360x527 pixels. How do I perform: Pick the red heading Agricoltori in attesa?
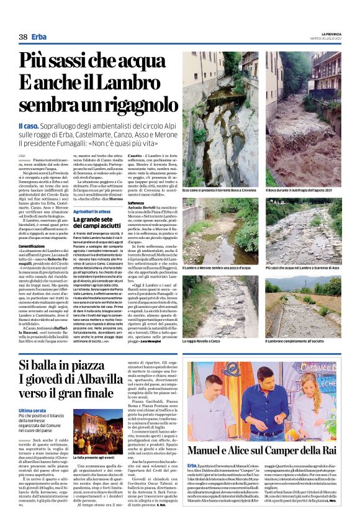coord(91,212)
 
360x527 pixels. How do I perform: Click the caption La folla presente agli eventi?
coord(96,458)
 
